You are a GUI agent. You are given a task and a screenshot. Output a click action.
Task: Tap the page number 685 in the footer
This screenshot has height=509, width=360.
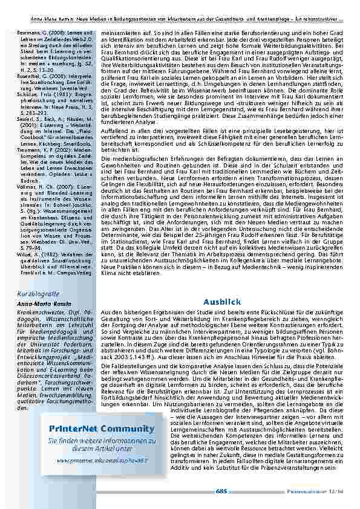[x=221, y=491]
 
